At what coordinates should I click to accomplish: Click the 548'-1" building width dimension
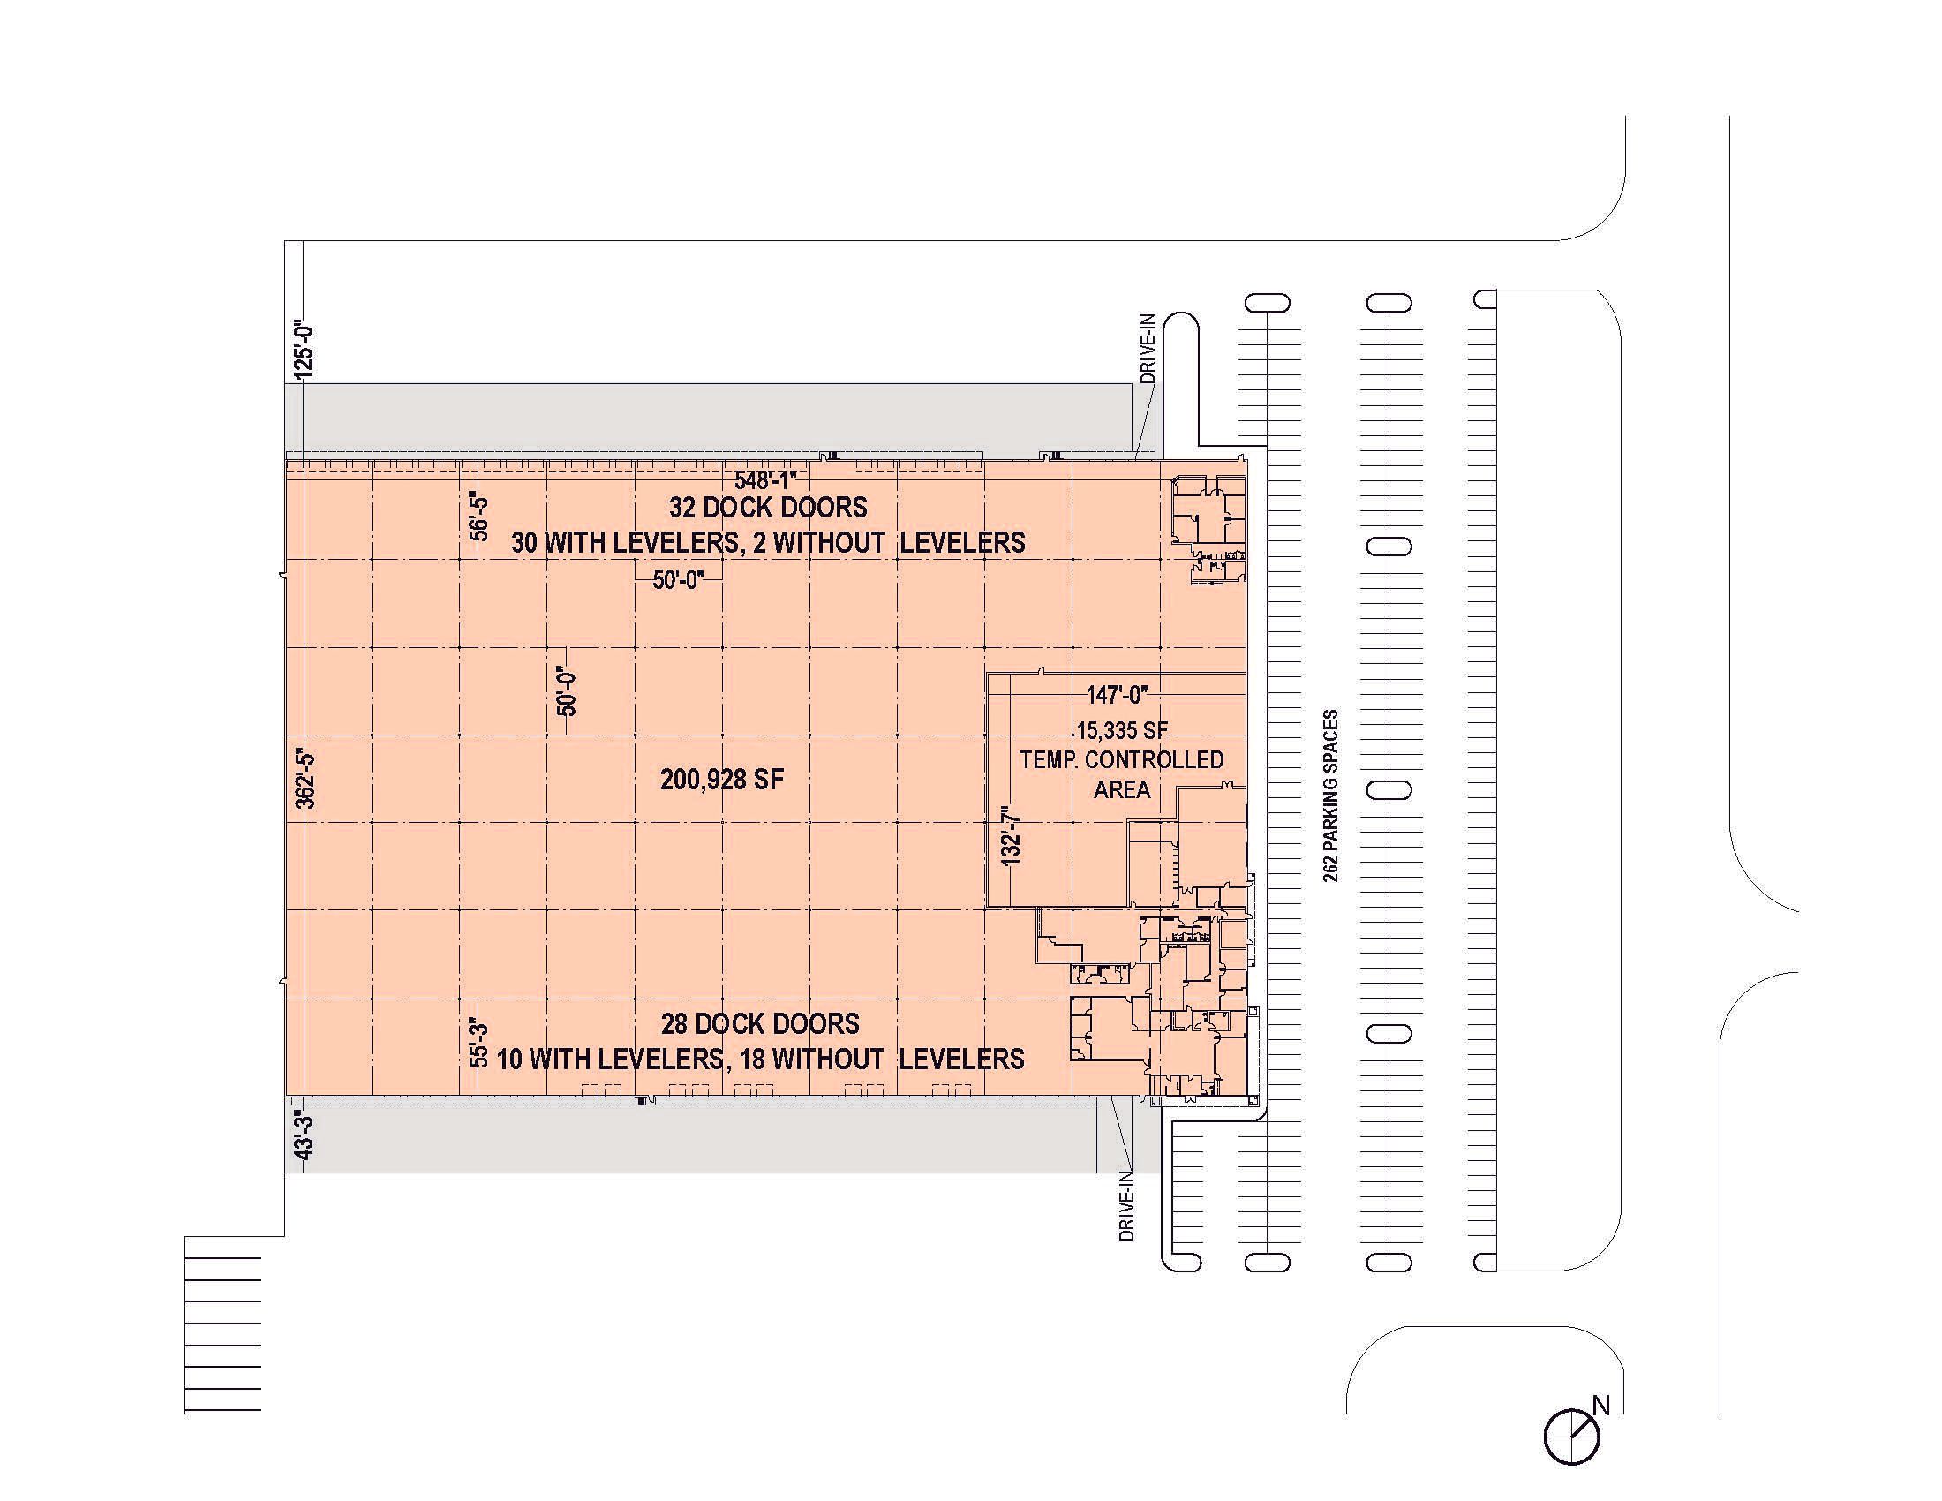point(765,480)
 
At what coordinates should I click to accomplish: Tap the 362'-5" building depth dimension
point(305,779)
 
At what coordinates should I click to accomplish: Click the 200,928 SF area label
point(722,781)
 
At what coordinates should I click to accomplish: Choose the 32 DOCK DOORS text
point(768,508)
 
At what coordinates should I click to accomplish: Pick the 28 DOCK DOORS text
point(760,1024)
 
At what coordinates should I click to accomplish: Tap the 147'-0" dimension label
point(1117,695)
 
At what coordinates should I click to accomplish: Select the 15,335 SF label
point(1122,731)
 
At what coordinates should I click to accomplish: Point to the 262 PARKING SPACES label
point(1330,795)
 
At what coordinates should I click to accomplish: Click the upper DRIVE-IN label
point(1148,348)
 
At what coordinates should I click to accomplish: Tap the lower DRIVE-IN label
point(1126,1206)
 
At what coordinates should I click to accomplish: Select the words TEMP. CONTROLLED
point(1122,760)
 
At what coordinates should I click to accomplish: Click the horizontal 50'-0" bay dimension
point(679,580)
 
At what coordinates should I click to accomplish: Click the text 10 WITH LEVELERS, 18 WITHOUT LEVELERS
point(760,1059)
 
